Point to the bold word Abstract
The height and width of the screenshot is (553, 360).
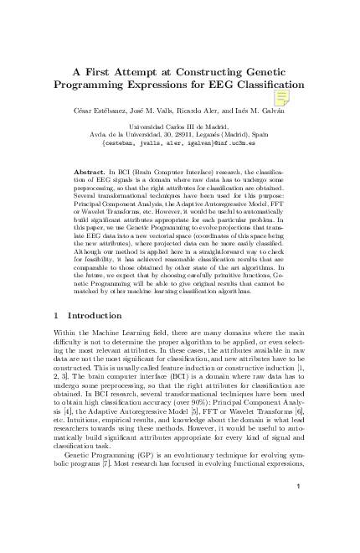[91, 171]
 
